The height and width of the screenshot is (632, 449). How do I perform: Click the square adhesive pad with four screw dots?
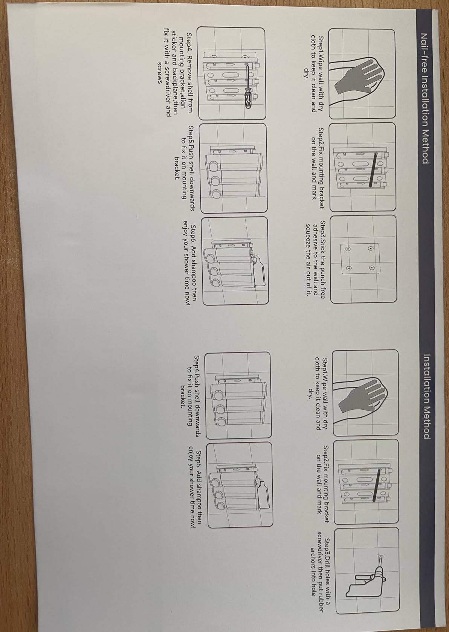[x=360, y=258]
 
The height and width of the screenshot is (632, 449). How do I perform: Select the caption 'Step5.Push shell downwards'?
[x=191, y=168]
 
